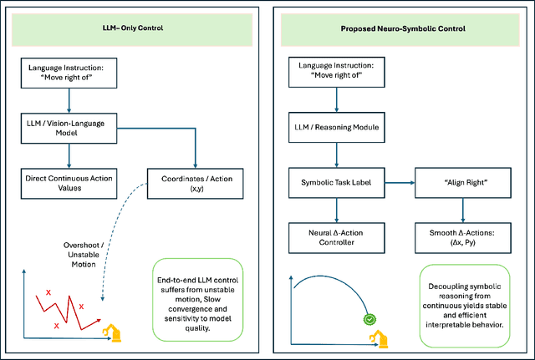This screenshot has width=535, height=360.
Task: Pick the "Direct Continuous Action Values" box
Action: click(x=69, y=182)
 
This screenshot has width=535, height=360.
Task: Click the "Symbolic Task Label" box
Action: click(x=337, y=182)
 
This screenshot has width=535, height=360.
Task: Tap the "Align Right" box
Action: click(x=464, y=182)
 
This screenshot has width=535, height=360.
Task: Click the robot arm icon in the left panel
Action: click(x=110, y=331)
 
